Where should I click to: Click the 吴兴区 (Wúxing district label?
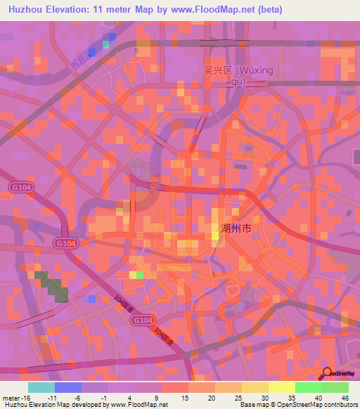tap(233, 71)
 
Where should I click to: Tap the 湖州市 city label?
tap(236, 228)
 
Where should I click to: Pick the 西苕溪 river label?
tap(83, 59)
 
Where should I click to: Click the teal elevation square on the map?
tap(106, 44)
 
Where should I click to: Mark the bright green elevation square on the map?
tap(140, 275)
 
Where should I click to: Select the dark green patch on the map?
tap(55, 285)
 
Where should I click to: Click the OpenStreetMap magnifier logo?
tap(328, 374)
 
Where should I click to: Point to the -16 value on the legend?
tap(25, 396)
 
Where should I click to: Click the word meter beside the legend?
tap(10, 396)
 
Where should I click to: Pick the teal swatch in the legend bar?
tap(41, 387)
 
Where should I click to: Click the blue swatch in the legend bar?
tap(67, 387)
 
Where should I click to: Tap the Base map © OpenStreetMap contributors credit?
tap(297, 405)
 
